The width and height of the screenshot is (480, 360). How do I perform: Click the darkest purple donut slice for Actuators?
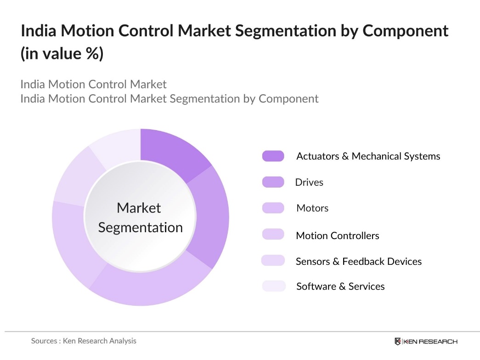pyautogui.click(x=172, y=152)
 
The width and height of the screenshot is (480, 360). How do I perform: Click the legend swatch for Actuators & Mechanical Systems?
pyautogui.click(x=273, y=156)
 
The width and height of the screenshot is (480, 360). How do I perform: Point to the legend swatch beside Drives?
pyautogui.click(x=273, y=182)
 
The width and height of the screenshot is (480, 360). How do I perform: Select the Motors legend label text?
pyautogui.click(x=312, y=208)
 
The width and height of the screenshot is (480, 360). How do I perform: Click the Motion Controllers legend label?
pyautogui.click(x=337, y=235)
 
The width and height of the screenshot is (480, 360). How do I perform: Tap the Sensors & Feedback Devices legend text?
pyautogui.click(x=358, y=261)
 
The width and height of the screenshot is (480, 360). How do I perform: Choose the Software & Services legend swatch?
pyautogui.click(x=273, y=286)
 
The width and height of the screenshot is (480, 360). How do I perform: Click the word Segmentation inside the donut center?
pyautogui.click(x=140, y=228)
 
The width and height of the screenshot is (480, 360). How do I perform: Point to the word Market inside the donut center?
pyautogui.click(x=139, y=208)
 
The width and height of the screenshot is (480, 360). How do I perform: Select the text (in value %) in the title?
pyautogui.click(x=62, y=54)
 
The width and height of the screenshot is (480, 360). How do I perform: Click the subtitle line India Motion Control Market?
pyautogui.click(x=93, y=84)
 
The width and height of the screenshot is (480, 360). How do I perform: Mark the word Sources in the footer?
pyautogui.click(x=44, y=341)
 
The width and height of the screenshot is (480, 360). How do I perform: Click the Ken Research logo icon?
pyautogui.click(x=398, y=341)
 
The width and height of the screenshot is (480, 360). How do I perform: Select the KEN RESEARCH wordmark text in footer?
pyautogui.click(x=430, y=341)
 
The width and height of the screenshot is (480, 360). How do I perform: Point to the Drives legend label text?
pyautogui.click(x=309, y=182)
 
